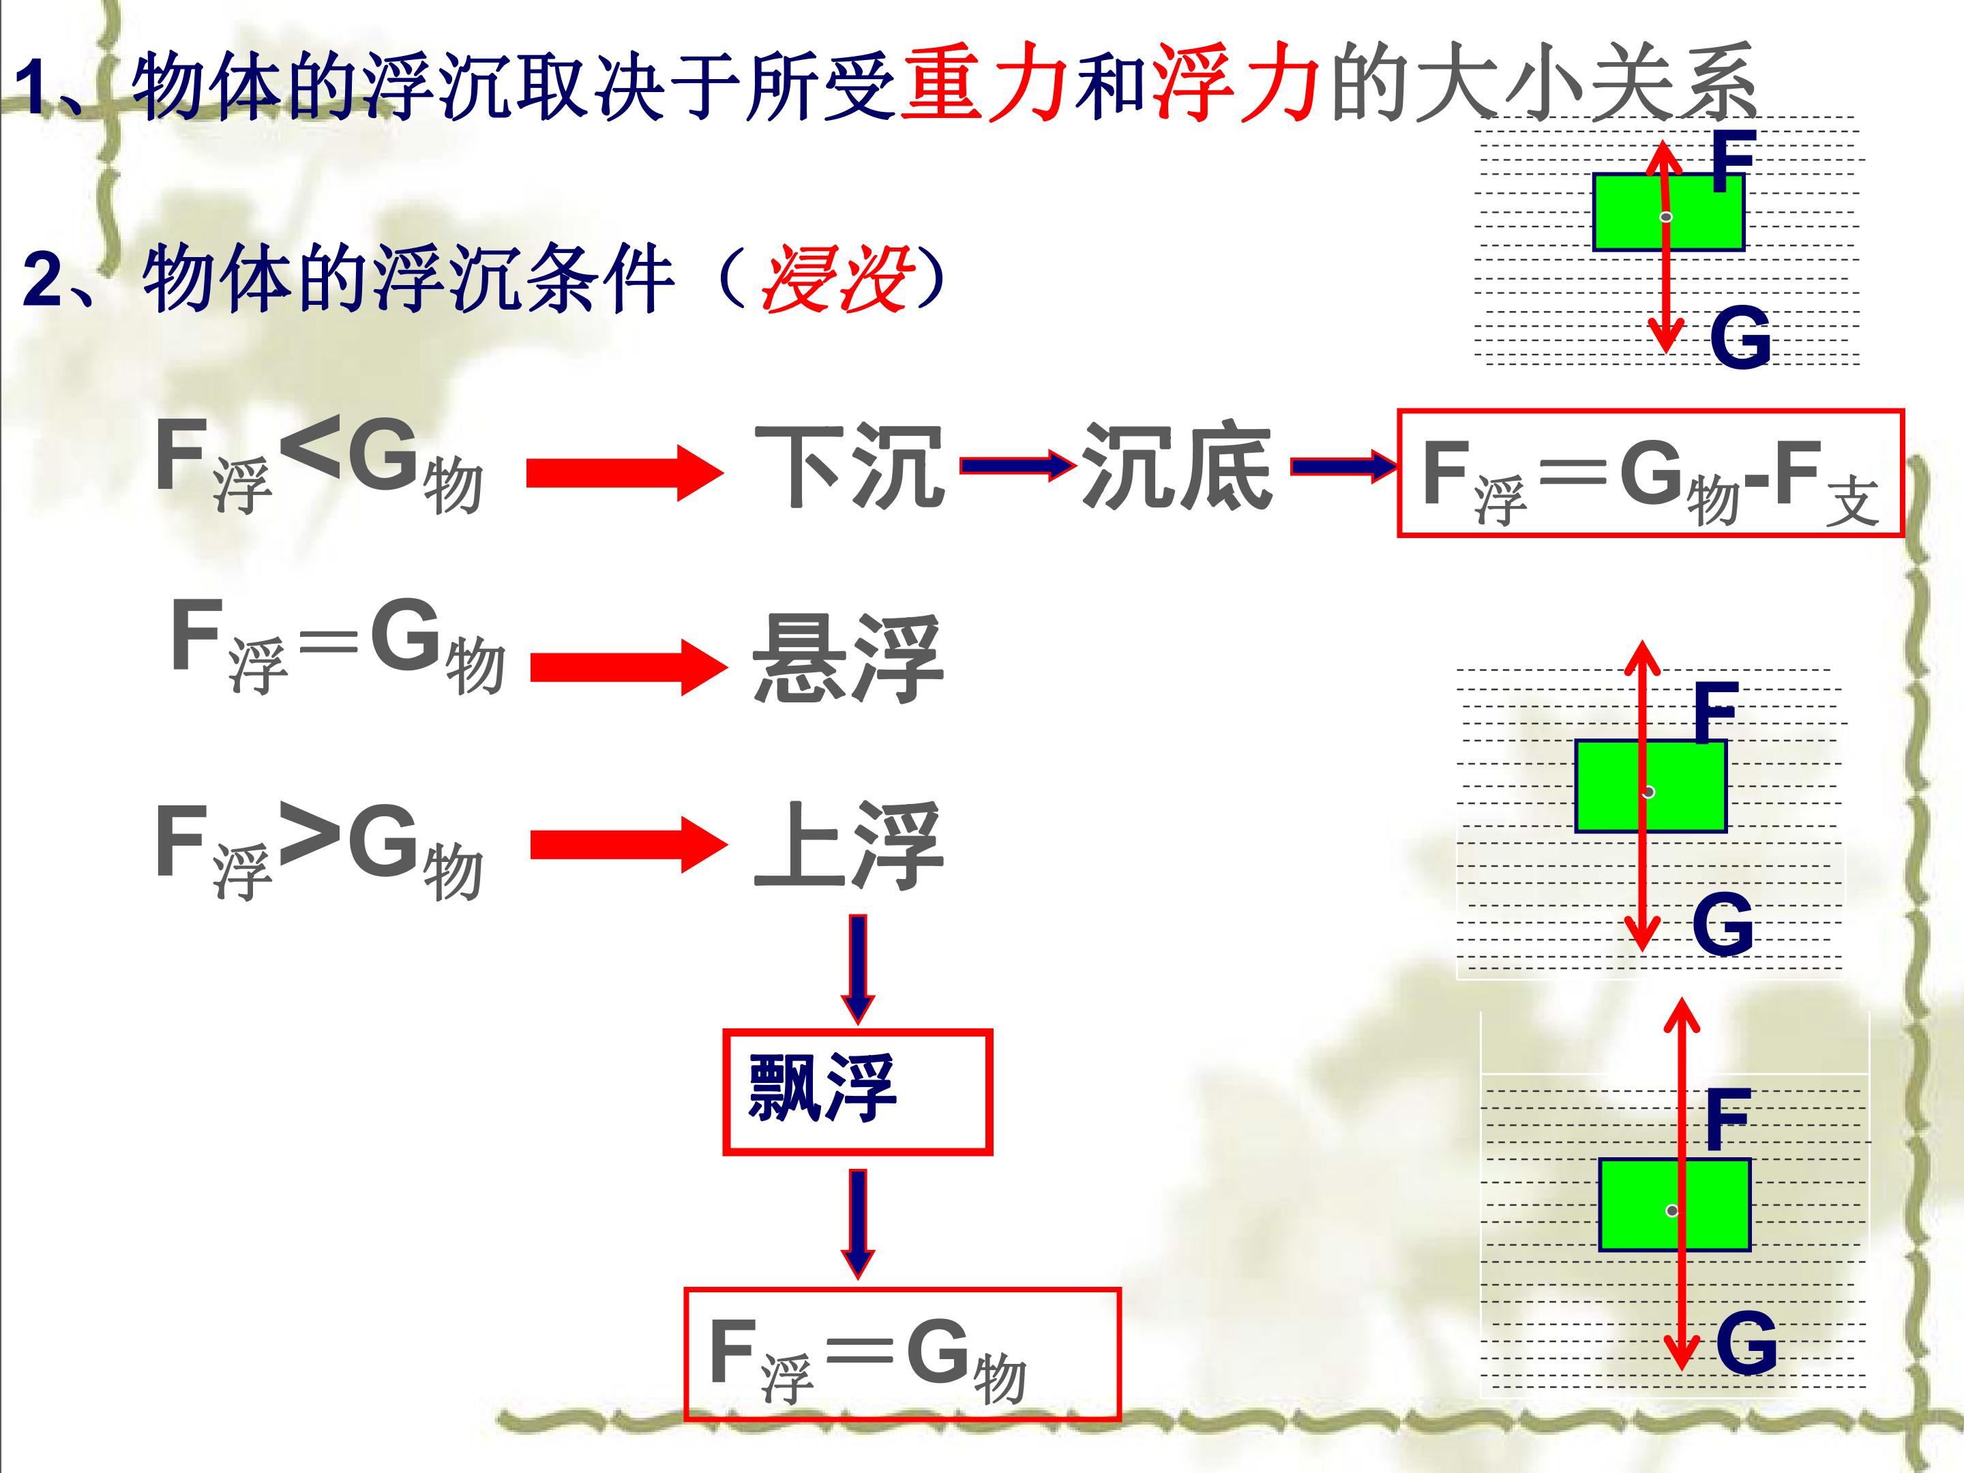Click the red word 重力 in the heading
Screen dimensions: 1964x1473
[984, 83]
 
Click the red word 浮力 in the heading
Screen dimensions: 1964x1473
[1235, 83]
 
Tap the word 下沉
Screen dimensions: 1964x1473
[849, 467]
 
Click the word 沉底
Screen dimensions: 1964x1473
[1176, 467]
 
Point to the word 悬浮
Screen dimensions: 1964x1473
[848, 659]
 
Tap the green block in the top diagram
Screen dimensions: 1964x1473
[1668, 212]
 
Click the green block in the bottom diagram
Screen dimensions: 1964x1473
[1675, 1205]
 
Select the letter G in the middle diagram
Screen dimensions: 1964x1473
[1723, 924]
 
